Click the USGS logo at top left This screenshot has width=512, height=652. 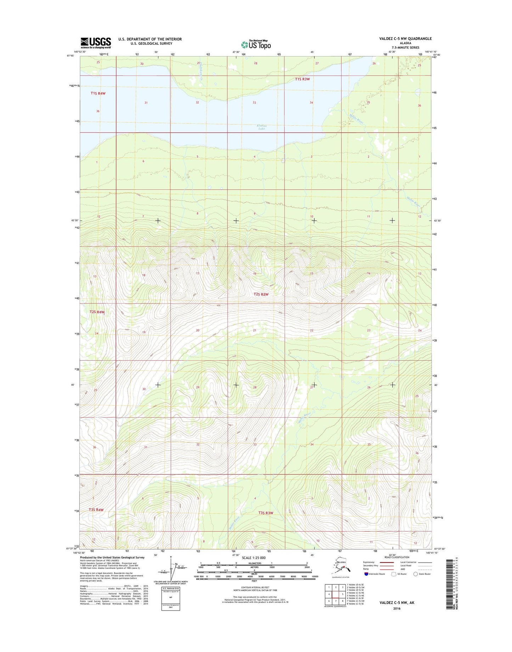coord(96,43)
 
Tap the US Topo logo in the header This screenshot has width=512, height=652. coord(256,45)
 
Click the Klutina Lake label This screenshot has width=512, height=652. coord(261,127)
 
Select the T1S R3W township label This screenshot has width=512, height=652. coord(302,79)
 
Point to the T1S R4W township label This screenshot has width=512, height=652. coord(98,93)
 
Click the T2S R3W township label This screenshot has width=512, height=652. coord(261,294)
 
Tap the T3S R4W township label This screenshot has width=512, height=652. coord(96,510)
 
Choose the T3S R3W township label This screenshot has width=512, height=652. coord(266,513)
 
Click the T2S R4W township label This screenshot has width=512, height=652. coord(97,312)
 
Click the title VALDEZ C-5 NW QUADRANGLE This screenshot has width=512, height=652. coord(405,39)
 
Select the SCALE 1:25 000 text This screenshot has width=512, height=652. coord(254,558)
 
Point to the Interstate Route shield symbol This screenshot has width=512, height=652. coord(366,574)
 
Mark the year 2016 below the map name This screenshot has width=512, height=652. coord(396,608)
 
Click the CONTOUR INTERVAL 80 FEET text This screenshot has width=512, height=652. coord(255,587)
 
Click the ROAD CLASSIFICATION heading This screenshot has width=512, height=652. coord(397,557)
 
